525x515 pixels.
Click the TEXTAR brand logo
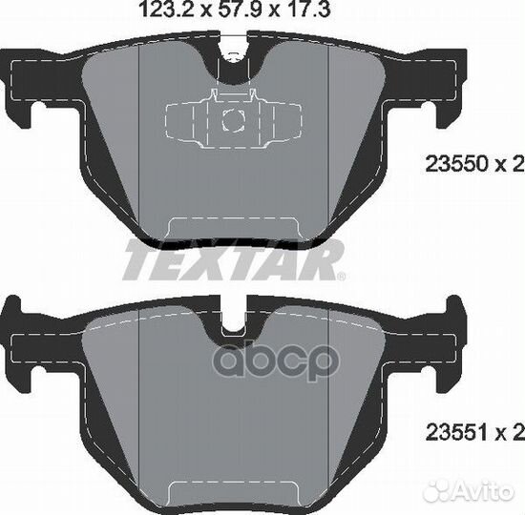tap(232, 259)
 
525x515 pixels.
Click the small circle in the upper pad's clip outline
tap(234, 119)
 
